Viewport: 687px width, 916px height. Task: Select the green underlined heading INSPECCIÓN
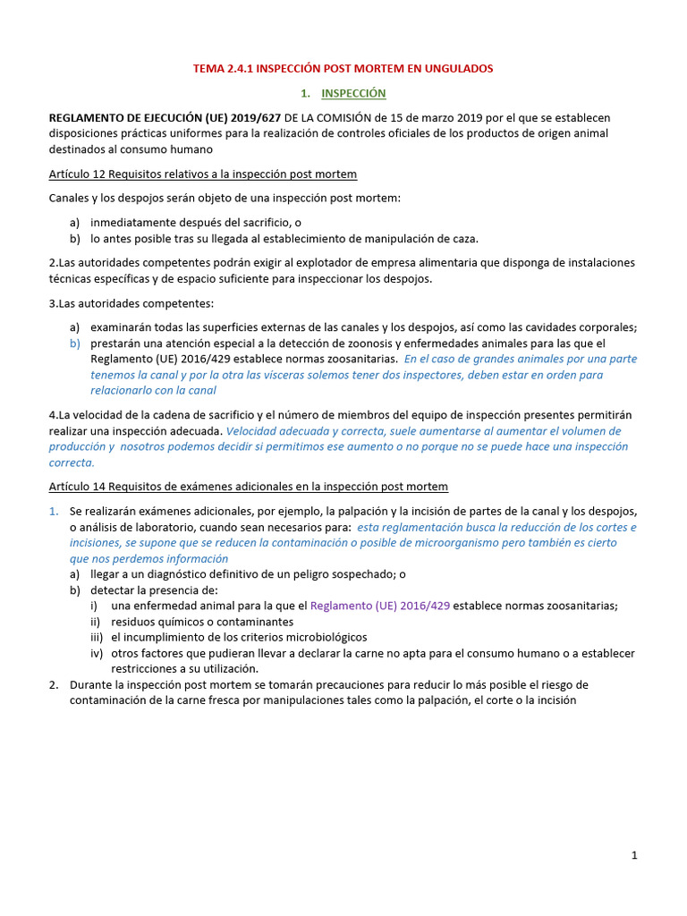tap(353, 93)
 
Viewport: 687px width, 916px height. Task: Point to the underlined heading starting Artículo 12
tap(203, 174)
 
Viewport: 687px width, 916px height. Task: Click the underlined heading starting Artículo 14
tap(249, 486)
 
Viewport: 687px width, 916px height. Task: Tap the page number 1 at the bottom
tap(634, 856)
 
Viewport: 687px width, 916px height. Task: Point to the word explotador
tap(256, 262)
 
